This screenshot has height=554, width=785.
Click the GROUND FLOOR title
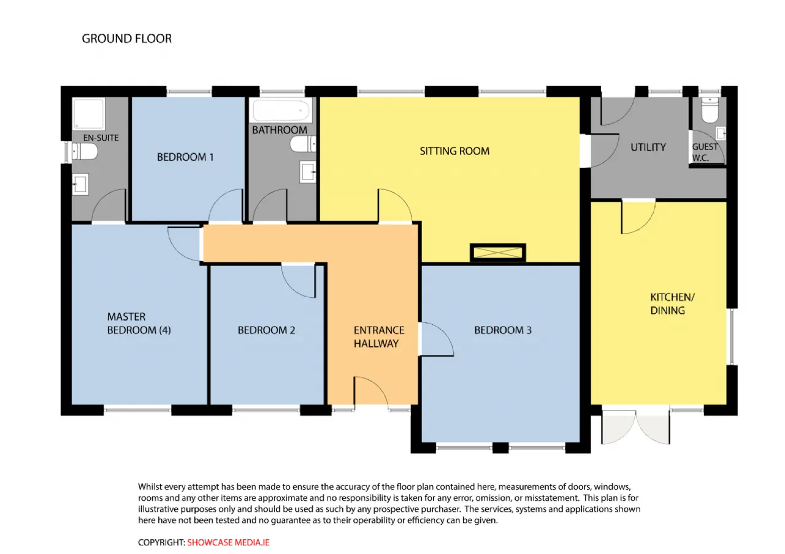[x=127, y=39]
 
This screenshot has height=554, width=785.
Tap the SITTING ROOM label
[x=454, y=151]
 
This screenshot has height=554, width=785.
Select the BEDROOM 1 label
[x=185, y=157]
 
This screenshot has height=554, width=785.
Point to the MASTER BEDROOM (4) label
[x=139, y=323]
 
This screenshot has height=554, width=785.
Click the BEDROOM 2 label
[x=266, y=330]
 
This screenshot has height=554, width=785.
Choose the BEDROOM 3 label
[x=503, y=330]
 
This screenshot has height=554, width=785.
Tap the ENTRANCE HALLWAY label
[x=379, y=336]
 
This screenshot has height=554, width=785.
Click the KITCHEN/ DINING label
[x=672, y=303]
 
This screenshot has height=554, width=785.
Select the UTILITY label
[x=648, y=147]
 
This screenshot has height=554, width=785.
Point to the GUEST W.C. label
[x=705, y=152]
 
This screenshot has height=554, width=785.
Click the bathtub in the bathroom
[x=281, y=110]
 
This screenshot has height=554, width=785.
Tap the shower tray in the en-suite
[x=88, y=113]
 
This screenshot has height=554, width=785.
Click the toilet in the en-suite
[x=85, y=151]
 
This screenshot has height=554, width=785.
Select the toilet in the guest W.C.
[x=710, y=110]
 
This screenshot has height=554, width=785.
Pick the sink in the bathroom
[x=308, y=172]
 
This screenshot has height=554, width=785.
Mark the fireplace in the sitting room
[x=497, y=252]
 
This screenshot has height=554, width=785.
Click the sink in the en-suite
[x=80, y=184]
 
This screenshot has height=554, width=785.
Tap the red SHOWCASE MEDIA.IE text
[x=228, y=542]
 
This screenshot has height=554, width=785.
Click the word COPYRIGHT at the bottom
[x=161, y=542]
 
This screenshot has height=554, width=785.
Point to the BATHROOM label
[x=279, y=130]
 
